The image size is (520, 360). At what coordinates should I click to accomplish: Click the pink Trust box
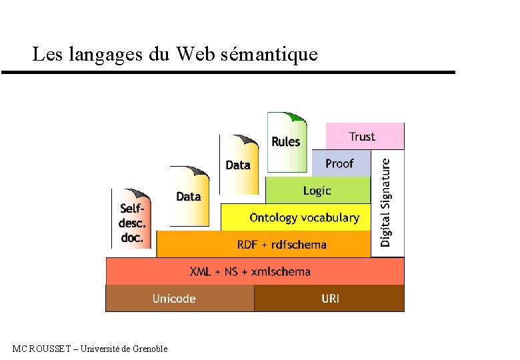tap(365, 136)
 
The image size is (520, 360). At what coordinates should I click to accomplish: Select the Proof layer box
tap(340, 163)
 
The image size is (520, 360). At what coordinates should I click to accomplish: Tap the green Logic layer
tap(317, 191)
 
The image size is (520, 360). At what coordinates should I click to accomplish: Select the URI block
tap(329, 298)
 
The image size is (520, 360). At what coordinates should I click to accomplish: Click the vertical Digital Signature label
tap(387, 201)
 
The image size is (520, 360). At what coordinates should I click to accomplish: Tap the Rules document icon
tap(287, 141)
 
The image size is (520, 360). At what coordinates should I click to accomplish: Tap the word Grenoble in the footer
tap(149, 349)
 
